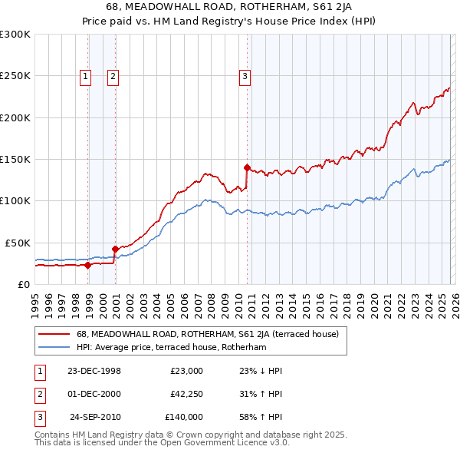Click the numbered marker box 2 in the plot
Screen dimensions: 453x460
[112, 75]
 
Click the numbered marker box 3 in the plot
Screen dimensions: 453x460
[245, 75]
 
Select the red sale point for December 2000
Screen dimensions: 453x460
[115, 249]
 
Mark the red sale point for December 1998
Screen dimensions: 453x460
[88, 265]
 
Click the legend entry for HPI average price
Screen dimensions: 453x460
[170, 347]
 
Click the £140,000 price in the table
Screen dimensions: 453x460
[184, 417]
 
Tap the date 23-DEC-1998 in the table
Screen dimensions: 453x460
[94, 371]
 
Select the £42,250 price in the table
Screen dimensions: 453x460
[186, 394]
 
